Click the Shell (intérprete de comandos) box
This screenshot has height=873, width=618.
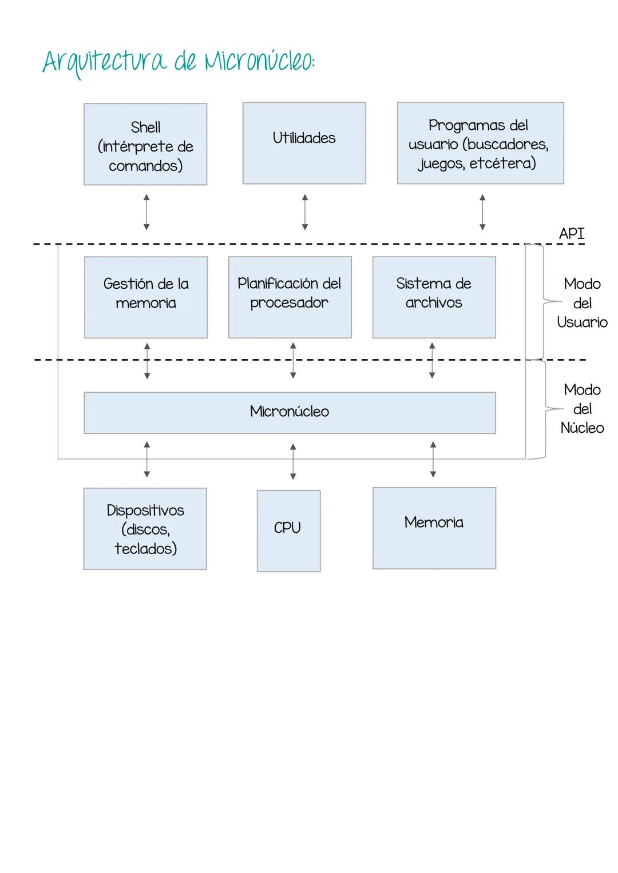coord(145,144)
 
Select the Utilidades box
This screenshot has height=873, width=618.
coord(304,143)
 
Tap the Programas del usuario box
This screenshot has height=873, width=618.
coord(480,143)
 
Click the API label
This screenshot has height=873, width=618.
coord(571,233)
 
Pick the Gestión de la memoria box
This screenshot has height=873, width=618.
coord(145,297)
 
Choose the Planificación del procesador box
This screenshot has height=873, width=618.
coord(290,297)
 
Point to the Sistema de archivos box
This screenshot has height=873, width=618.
coord(434,297)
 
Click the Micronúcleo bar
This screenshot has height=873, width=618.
coord(290,412)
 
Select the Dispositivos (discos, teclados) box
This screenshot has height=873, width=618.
coord(145,528)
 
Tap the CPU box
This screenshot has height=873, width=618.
coord(288,531)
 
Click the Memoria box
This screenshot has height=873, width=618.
coord(434,528)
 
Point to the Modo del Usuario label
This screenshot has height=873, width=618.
coord(582,303)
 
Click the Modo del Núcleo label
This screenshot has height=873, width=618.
coord(582,409)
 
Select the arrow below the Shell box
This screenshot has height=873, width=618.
coord(146,212)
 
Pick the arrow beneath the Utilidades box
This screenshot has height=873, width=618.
coord(304,212)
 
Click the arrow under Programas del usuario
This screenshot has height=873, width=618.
coord(482,212)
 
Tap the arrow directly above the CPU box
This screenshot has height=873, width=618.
coord(293,461)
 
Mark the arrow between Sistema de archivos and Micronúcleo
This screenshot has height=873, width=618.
coord(432,361)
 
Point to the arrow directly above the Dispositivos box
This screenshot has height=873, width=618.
coord(147,459)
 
